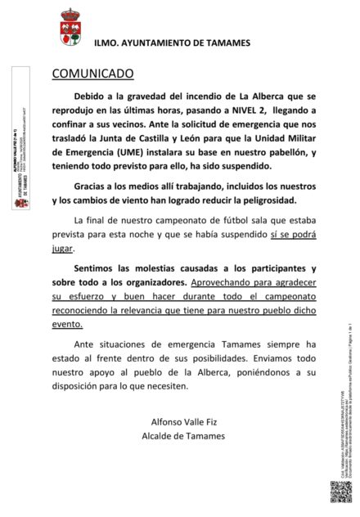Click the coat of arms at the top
(70, 28)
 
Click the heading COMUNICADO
(92, 74)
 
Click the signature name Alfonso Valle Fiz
(183, 422)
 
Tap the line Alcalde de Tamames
(183, 436)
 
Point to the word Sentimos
(96, 268)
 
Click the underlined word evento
(67, 323)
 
